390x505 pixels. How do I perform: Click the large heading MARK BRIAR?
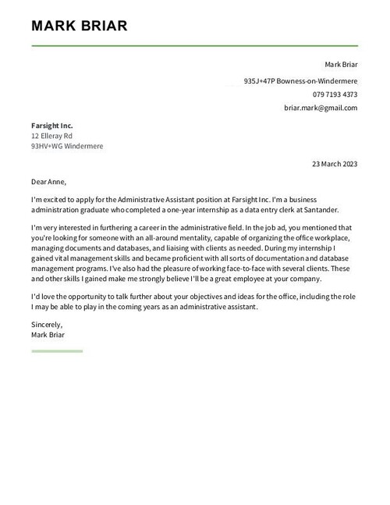tap(79, 27)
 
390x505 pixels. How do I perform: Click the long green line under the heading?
tap(194, 46)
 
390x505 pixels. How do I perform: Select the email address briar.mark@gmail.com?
tap(321, 108)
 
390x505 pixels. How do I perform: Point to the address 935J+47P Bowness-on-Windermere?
tap(300, 80)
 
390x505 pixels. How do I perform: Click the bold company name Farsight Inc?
tap(52, 125)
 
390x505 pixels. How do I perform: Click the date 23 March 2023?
tap(334, 164)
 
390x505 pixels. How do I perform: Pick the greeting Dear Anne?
tap(49, 182)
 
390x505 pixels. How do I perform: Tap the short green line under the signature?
tap(57, 350)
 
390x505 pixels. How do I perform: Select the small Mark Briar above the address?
tap(341, 65)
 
